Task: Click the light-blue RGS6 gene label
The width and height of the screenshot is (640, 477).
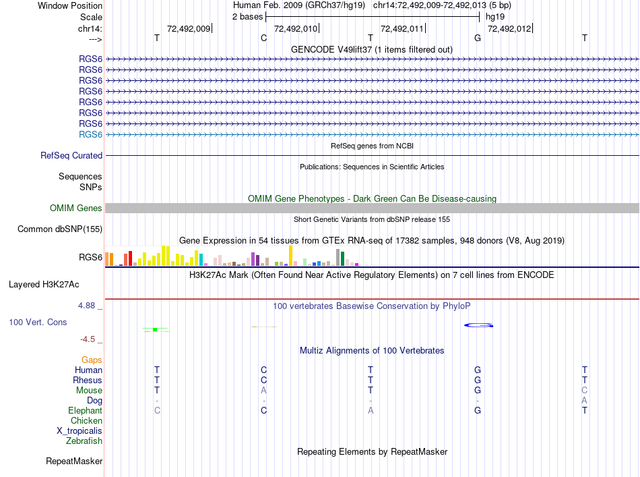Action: pos(90,134)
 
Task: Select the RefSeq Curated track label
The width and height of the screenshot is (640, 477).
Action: pos(71,155)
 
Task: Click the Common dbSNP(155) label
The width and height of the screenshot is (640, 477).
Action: pos(60,229)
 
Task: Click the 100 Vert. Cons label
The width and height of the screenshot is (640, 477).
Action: pos(38,322)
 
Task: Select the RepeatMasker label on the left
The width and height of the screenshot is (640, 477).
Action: pos(74,461)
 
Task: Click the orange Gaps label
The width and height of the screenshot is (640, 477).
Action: pos(92,360)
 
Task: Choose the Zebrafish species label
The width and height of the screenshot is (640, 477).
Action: pos(84,441)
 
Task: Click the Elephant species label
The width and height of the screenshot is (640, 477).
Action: pos(85,410)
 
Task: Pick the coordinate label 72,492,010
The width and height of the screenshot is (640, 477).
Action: pos(296,28)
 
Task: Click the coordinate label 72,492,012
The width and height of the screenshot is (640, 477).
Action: pos(509,28)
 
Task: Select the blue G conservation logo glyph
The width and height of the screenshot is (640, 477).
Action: pos(478,326)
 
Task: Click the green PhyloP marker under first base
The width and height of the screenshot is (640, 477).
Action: pos(155,329)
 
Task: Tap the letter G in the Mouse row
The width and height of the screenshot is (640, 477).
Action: pos(478,390)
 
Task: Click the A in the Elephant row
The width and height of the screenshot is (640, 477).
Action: pos(371,410)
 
